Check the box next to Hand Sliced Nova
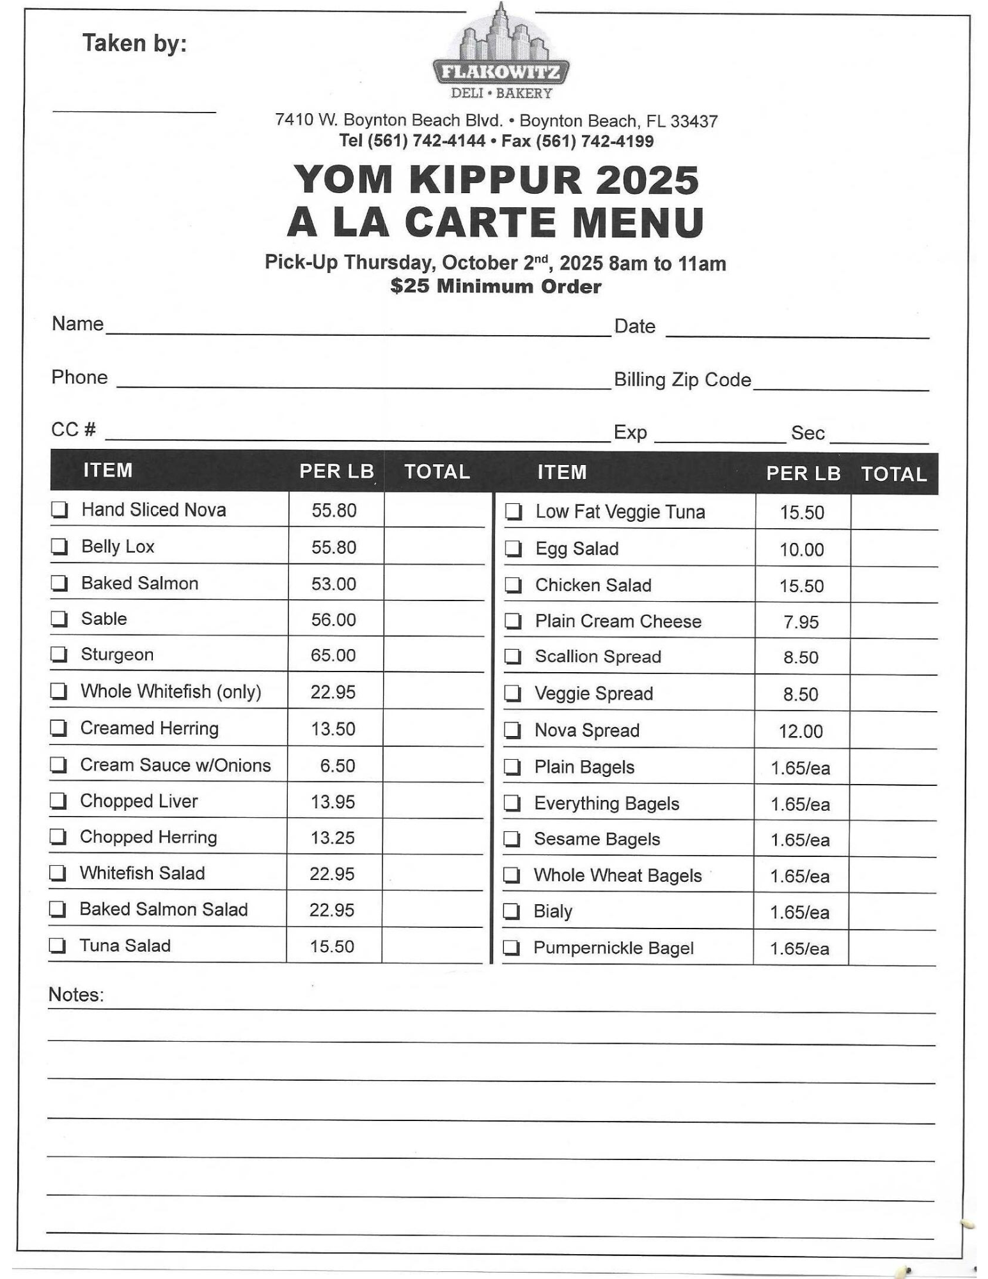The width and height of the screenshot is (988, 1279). pos(59,510)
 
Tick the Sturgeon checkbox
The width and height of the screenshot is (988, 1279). pos(59,654)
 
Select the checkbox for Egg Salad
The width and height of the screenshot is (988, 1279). pos(514,549)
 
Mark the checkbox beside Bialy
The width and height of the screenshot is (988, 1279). pos(512,911)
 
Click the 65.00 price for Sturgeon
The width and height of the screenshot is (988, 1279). pos(333,655)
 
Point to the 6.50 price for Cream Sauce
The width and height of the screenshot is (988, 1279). pos(337,765)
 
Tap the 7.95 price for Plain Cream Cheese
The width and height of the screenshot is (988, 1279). pos(801,622)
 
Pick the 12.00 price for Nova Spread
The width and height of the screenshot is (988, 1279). pos(801,731)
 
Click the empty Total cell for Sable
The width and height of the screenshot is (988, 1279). pos(434,619)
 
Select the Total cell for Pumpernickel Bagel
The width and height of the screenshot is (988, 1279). pos(892,948)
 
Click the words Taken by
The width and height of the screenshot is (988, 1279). pos(134,43)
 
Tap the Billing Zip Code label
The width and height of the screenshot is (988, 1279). pos(682,380)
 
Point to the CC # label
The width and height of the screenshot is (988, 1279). pos(74,429)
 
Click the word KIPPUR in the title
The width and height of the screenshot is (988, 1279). pos(496,180)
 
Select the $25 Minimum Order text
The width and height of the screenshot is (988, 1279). pos(496,286)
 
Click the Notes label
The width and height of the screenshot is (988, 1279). pos(75,995)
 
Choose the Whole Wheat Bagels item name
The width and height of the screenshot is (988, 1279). pos(618,875)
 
